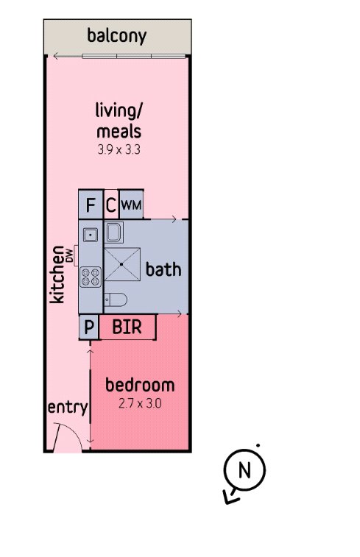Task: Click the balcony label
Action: pos(116,36)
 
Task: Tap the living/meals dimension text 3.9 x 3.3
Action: pos(119,149)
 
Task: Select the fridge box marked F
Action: pos(91,205)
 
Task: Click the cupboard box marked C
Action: pos(111,205)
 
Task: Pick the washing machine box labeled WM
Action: pos(131,205)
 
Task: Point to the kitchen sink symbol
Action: pos(91,235)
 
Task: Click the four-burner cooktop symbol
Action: pos(91,277)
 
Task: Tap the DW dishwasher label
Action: pos(70,255)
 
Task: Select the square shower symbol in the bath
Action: pos(122,264)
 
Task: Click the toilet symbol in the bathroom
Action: pos(116,299)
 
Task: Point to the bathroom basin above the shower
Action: pos(113,233)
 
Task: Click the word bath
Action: pos(163,269)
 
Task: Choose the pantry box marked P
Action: pos(88,327)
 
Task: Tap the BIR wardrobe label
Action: pos(127,327)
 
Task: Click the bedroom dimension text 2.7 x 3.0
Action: pos(140,403)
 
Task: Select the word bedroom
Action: pos(140,386)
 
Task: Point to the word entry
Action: pos(68,408)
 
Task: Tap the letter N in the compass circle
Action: pos(244,469)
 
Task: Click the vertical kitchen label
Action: pos(57,274)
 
